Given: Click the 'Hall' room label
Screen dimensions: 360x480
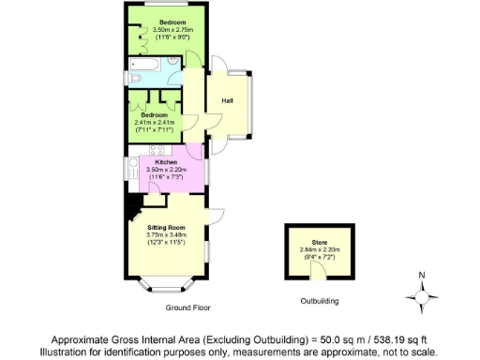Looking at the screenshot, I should click(x=227, y=99).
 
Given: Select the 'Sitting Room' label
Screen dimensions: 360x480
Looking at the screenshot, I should click(x=166, y=228).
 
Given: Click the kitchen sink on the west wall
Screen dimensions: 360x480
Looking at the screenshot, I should click(x=134, y=170).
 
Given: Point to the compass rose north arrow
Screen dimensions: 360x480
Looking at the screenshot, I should click(x=422, y=299).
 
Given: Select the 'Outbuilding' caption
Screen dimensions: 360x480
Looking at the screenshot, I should click(x=320, y=302).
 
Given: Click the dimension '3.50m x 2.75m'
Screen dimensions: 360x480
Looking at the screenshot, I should click(x=171, y=30).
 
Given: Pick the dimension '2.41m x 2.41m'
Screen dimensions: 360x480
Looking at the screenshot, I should click(x=155, y=122).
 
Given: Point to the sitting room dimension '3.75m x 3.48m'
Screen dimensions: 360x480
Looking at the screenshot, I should click(x=166, y=235).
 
